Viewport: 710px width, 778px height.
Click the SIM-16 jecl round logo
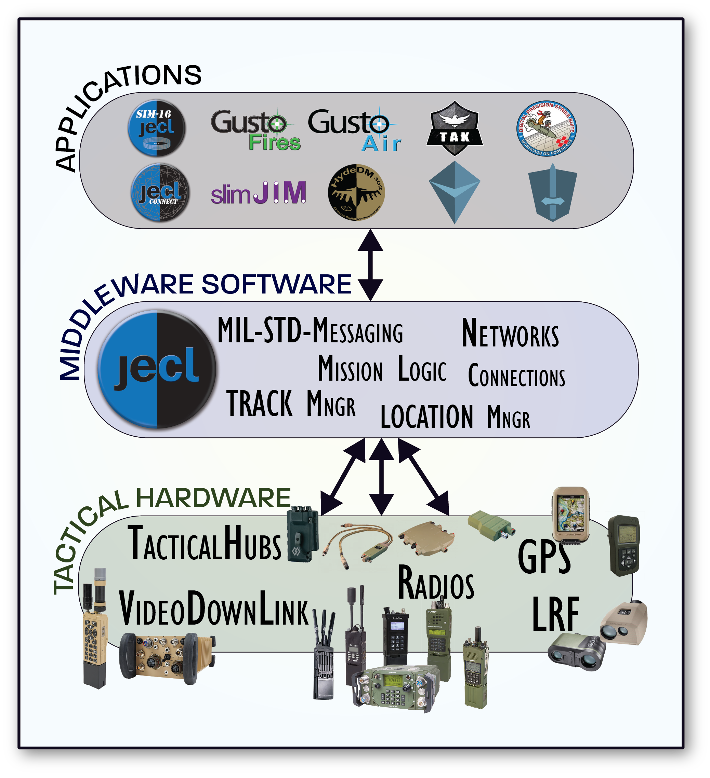156,128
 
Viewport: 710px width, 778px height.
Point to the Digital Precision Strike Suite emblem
546,128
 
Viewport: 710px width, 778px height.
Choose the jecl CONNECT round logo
160,192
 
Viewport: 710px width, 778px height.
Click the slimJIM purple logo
258,193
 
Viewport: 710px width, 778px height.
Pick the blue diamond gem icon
455,192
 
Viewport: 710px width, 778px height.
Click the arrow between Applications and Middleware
370,265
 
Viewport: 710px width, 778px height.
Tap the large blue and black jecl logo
156,369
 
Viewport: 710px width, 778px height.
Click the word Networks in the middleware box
510,334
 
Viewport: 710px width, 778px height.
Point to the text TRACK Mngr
290,404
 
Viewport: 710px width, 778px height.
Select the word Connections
516,375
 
